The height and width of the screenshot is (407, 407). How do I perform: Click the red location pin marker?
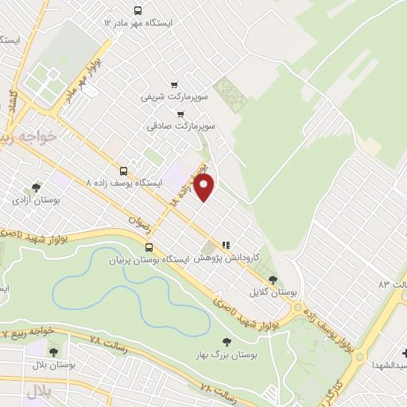(204, 188)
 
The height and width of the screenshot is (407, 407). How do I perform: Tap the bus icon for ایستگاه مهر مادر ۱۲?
(138, 10)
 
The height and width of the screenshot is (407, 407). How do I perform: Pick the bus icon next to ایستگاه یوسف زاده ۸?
(123, 170)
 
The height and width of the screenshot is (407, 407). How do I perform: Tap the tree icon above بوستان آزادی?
(37, 188)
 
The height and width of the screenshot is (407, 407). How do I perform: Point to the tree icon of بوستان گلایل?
(273, 279)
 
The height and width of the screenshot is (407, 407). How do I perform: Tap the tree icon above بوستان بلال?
(53, 351)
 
